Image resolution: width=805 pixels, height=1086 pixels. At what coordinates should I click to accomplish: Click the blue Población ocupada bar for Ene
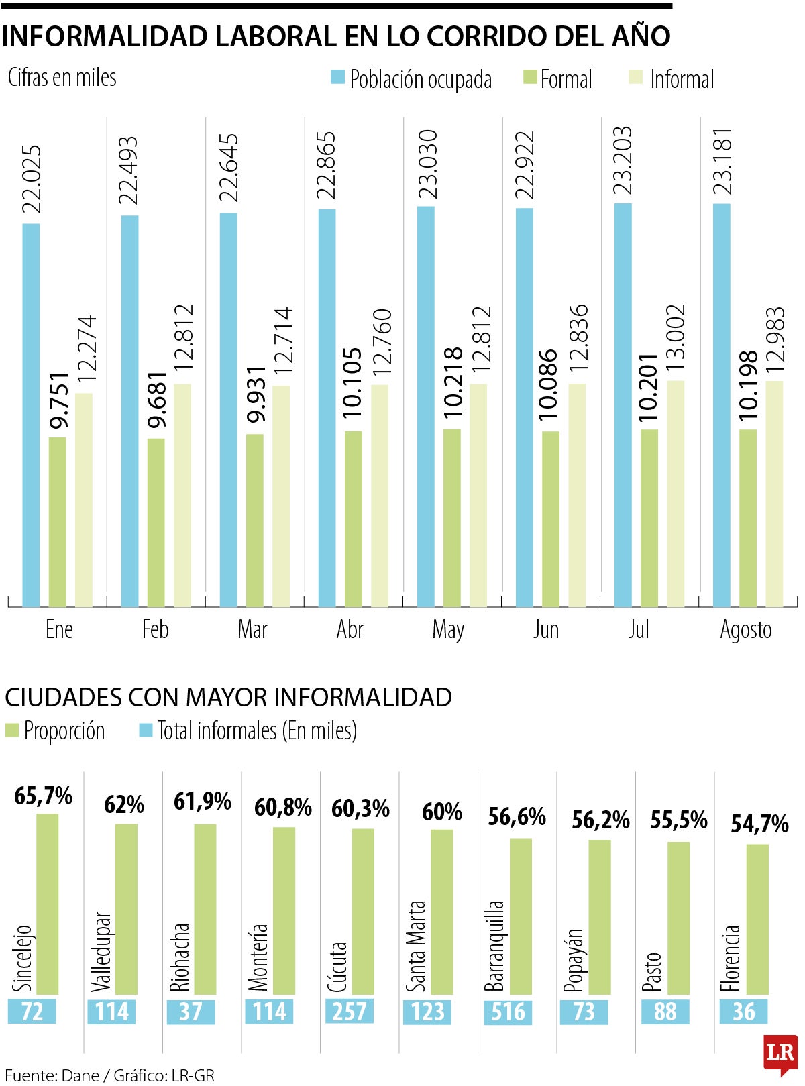click(x=31, y=415)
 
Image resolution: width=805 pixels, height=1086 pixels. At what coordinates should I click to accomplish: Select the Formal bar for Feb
click(x=156, y=523)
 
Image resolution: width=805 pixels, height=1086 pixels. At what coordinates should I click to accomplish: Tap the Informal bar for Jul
click(x=676, y=494)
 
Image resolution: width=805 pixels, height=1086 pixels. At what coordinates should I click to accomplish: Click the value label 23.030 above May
click(x=427, y=164)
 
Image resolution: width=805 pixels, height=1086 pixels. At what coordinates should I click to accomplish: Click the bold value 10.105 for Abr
click(x=352, y=383)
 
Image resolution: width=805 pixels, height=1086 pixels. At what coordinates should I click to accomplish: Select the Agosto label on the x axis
click(x=745, y=629)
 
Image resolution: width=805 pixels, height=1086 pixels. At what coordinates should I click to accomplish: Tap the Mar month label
click(x=252, y=629)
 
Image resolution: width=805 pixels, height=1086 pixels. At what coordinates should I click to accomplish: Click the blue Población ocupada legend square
click(x=337, y=77)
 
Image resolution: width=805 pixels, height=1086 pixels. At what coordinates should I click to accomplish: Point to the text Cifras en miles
click(x=62, y=77)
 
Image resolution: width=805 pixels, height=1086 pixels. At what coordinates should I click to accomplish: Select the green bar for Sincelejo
click(x=47, y=904)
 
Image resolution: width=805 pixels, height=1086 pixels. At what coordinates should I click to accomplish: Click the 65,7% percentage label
click(x=44, y=796)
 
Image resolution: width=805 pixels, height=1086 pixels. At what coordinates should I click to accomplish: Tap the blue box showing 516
click(x=508, y=1012)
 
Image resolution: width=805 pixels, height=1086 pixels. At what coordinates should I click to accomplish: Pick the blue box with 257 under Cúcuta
click(x=349, y=1012)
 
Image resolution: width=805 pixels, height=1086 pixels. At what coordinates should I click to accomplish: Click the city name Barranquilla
click(x=494, y=946)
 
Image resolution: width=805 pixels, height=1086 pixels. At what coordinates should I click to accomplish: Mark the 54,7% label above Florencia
click(x=759, y=824)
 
